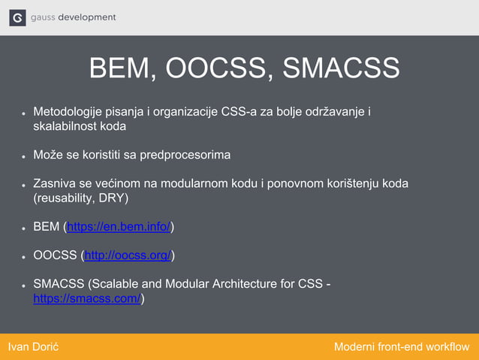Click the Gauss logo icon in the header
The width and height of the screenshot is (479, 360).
pyautogui.click(x=17, y=17)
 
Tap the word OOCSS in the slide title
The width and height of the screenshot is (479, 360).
pyautogui.click(x=213, y=68)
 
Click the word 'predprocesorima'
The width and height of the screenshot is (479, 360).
pyautogui.click(x=185, y=156)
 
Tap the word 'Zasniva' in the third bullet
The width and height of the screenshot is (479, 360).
pyautogui.click(x=53, y=184)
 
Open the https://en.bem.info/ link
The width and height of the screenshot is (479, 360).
pyautogui.click(x=119, y=227)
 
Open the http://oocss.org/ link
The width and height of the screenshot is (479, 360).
pyautogui.click(x=128, y=256)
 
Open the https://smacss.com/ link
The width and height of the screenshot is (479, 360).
pyautogui.click(x=87, y=298)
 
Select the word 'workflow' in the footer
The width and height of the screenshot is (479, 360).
pyautogui.click(x=447, y=346)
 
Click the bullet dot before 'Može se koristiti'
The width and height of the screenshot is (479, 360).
pyautogui.click(x=24, y=157)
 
